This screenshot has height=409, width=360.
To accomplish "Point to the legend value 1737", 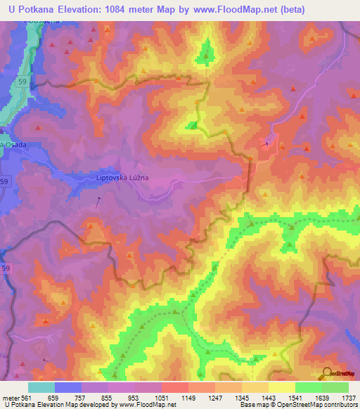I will point(347,396).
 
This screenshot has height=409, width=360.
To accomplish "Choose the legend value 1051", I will point(161,396).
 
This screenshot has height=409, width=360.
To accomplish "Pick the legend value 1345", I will point(241,396).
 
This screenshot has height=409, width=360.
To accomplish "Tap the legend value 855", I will point(108,396).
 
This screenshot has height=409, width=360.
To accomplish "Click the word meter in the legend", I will point(8,396).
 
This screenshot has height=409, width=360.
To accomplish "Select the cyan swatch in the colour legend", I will point(41,387).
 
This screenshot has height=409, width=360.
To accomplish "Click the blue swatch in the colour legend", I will point(68,387).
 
